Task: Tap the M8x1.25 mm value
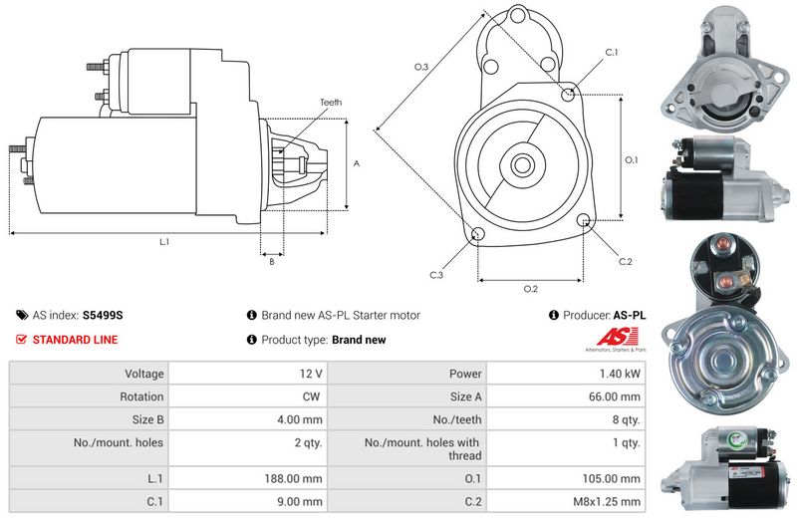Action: pos(607,502)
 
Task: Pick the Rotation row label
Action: pos(141,396)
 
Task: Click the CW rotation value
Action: pos(311,396)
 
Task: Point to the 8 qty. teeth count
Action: pos(626,419)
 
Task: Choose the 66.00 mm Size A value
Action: pos(614,396)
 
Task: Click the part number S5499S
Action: pos(103,315)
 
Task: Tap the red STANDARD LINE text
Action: pos(75,340)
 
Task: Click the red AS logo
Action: pos(617,337)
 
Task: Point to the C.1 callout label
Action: pos(611,53)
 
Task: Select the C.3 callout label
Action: pos(436,275)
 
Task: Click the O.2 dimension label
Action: pos(530,289)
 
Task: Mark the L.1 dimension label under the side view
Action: pos(164,242)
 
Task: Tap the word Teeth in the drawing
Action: pos(331,103)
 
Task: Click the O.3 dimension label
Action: pos(420,67)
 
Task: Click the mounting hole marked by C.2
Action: pos(584,220)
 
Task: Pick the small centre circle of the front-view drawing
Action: pos(521,164)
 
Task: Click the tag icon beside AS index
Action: pos(22,315)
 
